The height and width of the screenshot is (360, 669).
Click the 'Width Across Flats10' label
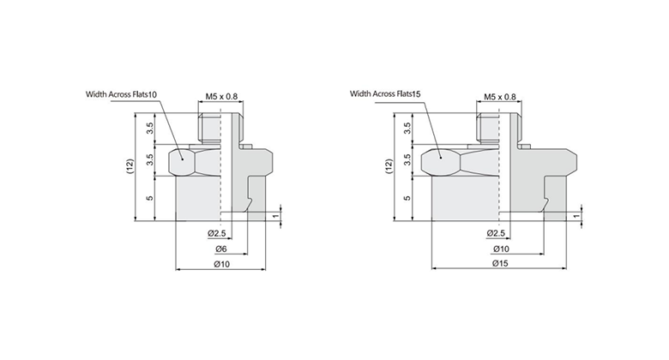(121, 94)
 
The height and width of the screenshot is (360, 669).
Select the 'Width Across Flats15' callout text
(385, 94)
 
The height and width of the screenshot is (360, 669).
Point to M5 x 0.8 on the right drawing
(500, 97)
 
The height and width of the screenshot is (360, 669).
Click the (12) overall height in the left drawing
(130, 166)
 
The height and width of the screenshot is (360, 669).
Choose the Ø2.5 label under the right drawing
(495, 234)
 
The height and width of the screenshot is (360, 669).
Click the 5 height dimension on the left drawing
(150, 197)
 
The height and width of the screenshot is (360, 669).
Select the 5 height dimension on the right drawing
(407, 197)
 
